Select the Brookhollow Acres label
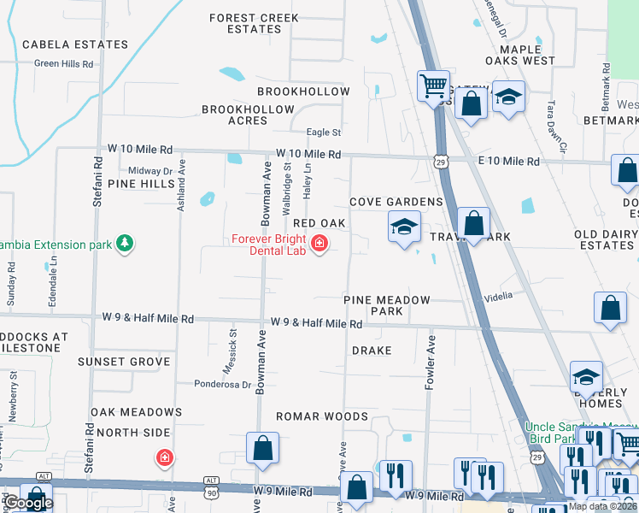(x=248, y=115)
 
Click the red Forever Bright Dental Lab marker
(x=319, y=245)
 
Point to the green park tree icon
(x=125, y=245)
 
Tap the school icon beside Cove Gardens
(x=404, y=227)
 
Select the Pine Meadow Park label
(x=387, y=306)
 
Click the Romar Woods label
(x=321, y=416)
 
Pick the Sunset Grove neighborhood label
(x=124, y=362)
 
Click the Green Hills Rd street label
(x=63, y=63)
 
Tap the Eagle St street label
(x=324, y=133)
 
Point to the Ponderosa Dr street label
(x=222, y=384)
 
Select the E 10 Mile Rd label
(x=508, y=162)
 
